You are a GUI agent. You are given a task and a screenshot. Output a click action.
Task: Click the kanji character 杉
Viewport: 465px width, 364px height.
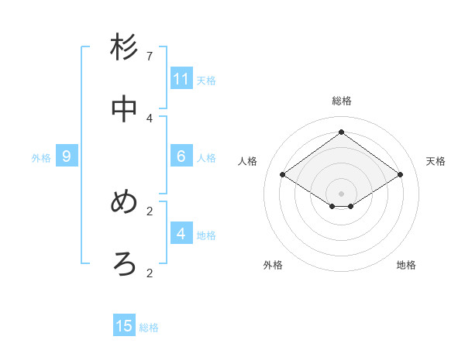[125, 47]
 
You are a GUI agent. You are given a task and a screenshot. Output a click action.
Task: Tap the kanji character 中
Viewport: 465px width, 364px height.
[125, 109]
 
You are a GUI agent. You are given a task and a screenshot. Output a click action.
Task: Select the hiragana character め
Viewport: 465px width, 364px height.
[125, 202]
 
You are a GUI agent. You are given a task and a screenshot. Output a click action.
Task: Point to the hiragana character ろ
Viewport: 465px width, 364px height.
[125, 264]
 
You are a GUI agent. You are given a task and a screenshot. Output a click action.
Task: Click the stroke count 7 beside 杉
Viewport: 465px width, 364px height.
[150, 56]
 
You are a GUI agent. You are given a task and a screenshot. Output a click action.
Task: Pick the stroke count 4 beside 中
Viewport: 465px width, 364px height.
[150, 118]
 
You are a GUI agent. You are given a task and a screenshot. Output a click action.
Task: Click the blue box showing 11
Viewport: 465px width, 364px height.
[181, 78]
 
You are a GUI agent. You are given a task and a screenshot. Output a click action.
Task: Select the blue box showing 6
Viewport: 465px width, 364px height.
[181, 156]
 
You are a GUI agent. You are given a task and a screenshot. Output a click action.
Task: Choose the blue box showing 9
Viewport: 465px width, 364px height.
[67, 156]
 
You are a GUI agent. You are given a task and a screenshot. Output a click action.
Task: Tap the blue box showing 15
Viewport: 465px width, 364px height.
[124, 326]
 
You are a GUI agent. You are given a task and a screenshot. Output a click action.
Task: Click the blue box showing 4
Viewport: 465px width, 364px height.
[181, 233]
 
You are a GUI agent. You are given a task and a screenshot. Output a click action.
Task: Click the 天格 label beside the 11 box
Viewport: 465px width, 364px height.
[206, 80]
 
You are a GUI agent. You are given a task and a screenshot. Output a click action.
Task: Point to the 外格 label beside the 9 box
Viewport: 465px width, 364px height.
[41, 158]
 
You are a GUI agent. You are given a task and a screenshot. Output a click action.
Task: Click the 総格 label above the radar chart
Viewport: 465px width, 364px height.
[341, 101]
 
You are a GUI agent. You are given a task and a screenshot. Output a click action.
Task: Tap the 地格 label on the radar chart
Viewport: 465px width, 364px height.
[406, 266]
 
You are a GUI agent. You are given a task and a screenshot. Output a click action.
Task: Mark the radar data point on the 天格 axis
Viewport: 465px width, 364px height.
[400, 175]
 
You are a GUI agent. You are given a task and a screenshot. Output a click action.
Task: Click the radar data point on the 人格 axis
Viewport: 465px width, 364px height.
[283, 175]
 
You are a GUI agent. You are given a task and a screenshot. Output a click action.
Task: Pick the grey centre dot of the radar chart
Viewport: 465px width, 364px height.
[341, 194]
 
